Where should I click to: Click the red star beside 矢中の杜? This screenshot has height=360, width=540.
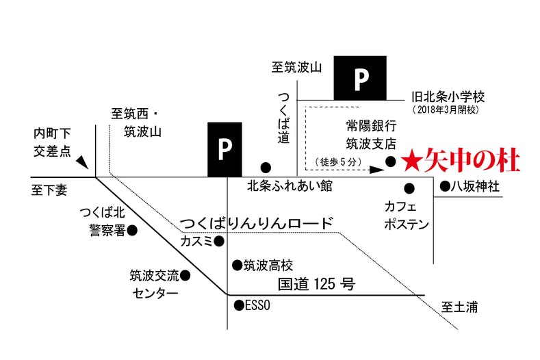click(411, 162)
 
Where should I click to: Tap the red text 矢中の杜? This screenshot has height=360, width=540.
click(472, 161)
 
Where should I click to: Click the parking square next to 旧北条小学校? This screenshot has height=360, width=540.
click(360, 78)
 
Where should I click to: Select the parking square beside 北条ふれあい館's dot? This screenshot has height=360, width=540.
click(224, 149)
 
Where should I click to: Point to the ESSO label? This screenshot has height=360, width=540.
click(257, 305)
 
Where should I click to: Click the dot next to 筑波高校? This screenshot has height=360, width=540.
click(237, 266)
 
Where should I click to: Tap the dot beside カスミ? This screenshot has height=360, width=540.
click(219, 242)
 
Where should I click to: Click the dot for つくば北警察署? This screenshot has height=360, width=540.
click(132, 230)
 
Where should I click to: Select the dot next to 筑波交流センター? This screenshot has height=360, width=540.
click(185, 276)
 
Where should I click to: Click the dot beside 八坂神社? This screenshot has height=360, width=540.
click(445, 186)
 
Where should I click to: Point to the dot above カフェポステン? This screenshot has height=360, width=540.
click(409, 188)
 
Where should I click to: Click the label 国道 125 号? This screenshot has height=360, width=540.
click(316, 284)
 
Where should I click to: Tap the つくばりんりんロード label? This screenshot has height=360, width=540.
click(256, 224)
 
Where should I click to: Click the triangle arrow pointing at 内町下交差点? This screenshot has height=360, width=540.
click(83, 162)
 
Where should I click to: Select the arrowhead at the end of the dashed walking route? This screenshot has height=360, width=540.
click(376, 170)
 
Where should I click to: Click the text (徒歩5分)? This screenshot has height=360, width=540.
click(339, 162)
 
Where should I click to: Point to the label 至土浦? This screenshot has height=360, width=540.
click(459, 307)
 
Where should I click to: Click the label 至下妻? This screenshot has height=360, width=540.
click(49, 190)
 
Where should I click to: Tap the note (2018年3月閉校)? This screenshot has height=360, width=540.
click(446, 110)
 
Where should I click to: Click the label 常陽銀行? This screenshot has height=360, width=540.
click(371, 126)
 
